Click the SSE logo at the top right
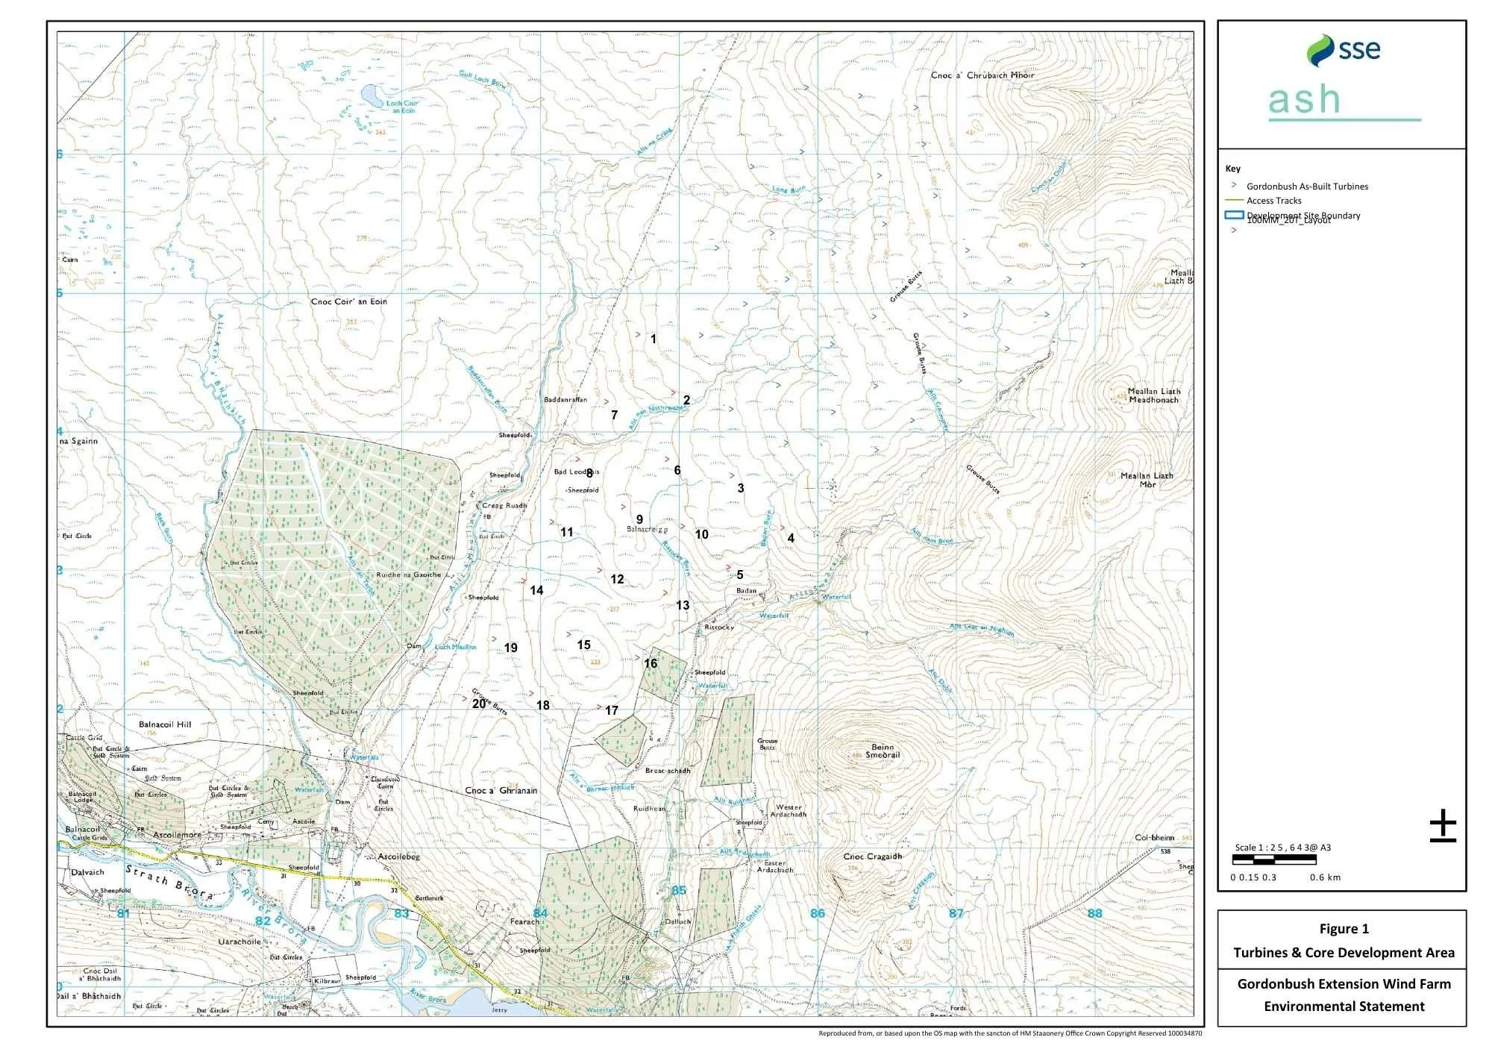pos(1343,50)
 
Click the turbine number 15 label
pos(583,645)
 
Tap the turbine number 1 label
pos(653,339)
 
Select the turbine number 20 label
pos(478,704)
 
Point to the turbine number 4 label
pos(791,538)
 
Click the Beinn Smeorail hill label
pos(882,751)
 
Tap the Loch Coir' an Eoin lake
pos(370,95)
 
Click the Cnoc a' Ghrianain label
pos(501,790)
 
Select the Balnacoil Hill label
pos(165,724)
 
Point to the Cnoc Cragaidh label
pos(872,856)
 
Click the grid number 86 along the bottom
pos(818,913)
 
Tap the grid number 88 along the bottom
pos(1094,913)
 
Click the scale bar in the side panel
pos(1274,860)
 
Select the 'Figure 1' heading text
pos(1344,929)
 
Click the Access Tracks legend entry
pos(1273,201)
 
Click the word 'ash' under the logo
pos(1304,100)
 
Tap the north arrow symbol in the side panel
pos(1443,826)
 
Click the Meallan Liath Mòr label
pos(1147,480)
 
